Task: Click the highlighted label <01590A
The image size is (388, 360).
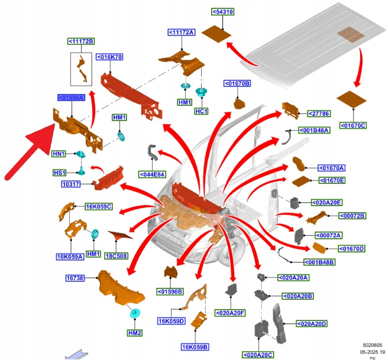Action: pos(71,98)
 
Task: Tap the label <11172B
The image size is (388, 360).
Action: pos(81,41)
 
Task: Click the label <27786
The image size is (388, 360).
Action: pos(318,113)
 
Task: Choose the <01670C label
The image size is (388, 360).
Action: pos(353,125)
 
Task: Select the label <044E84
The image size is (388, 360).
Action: pos(151,174)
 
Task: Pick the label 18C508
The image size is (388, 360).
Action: pos(117,256)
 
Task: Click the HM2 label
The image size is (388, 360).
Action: pos(134,333)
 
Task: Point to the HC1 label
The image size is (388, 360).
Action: pos(202,111)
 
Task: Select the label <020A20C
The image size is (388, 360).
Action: pos(258,355)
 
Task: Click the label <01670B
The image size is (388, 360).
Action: pos(237,83)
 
